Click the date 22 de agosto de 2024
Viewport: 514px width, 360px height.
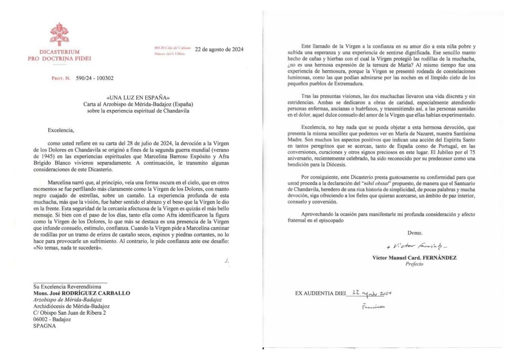[219, 49]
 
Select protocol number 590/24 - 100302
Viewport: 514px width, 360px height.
[92, 78]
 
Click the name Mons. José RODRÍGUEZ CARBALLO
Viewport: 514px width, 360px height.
[82, 293]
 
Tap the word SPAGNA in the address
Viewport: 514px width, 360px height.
[44, 325]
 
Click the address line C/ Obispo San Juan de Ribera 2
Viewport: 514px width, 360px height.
[70, 312]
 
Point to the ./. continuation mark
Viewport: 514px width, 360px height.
[227, 261]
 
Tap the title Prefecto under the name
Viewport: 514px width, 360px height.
[414, 264]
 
